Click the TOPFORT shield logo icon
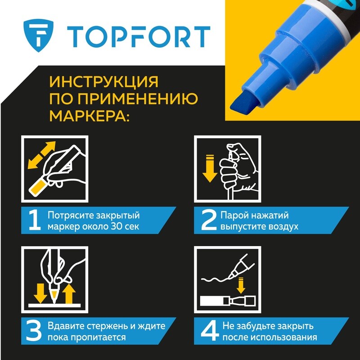tap(38, 36)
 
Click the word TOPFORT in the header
tap(139, 37)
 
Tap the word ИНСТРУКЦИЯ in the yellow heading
tap(104, 81)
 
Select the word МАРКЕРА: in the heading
tap(90, 116)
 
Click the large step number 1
tap(35, 220)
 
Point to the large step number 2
tap(209, 220)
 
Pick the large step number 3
tap(34, 331)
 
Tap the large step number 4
tap(210, 331)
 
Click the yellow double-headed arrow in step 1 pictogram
tap(41, 155)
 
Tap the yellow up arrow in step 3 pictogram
tap(69, 294)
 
